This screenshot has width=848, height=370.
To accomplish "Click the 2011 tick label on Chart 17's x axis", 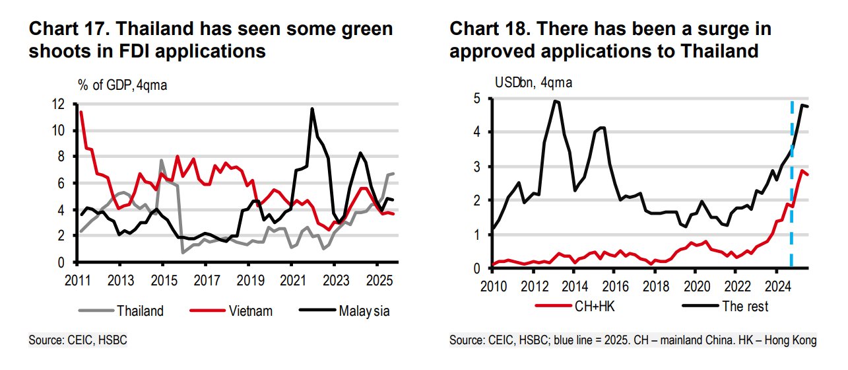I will click(78, 277).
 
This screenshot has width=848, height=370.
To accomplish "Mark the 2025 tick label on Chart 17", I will click(377, 277).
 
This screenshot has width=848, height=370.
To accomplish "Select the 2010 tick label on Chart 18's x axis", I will click(493, 285).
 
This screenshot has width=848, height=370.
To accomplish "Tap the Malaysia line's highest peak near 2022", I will click(312, 109).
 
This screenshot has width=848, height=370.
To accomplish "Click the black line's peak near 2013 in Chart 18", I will click(556, 101).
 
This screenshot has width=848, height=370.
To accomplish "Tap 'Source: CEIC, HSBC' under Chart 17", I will click(77, 340).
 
